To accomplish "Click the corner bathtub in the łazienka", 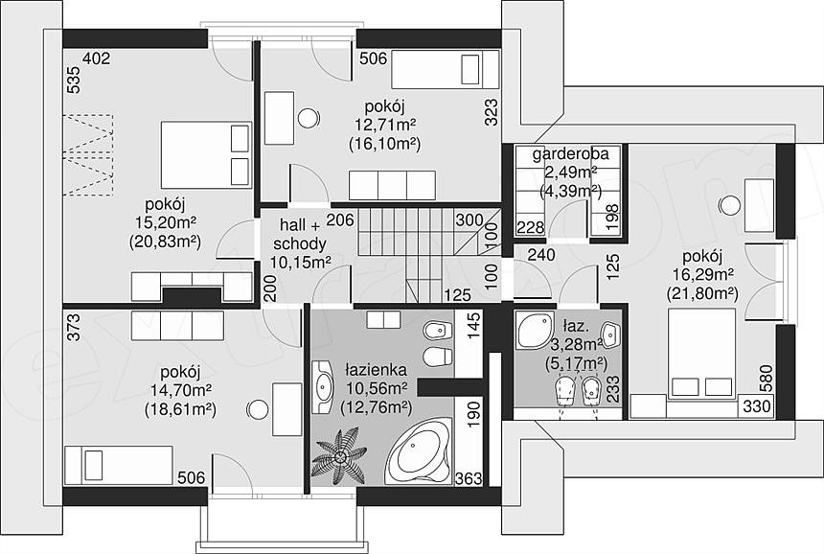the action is (x=419, y=451).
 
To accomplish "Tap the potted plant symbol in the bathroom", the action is (x=339, y=454).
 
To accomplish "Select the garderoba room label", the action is (x=571, y=153).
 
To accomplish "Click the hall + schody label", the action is (x=300, y=235).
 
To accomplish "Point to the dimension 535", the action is (x=75, y=80).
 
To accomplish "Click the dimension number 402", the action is (x=97, y=58).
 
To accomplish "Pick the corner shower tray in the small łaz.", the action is (x=535, y=330).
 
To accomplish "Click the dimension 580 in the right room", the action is (x=767, y=378).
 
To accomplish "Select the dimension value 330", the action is (x=757, y=405).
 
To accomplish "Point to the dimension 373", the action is (x=75, y=328).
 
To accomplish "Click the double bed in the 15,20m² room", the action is (x=206, y=155).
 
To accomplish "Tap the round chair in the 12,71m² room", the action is (x=309, y=118).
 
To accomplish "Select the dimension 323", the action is (x=492, y=112).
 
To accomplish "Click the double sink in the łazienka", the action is (x=323, y=387).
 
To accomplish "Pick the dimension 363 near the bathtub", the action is (x=469, y=478).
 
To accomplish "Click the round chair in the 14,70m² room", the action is (x=259, y=409).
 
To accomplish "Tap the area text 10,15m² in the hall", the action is (x=301, y=262).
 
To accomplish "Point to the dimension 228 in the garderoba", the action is (x=531, y=227).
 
